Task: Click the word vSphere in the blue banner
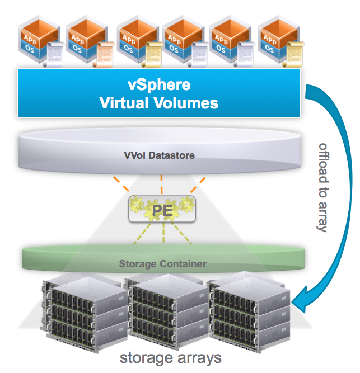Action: (158, 86)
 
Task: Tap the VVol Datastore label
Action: (160, 155)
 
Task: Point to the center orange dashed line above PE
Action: (161, 182)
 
